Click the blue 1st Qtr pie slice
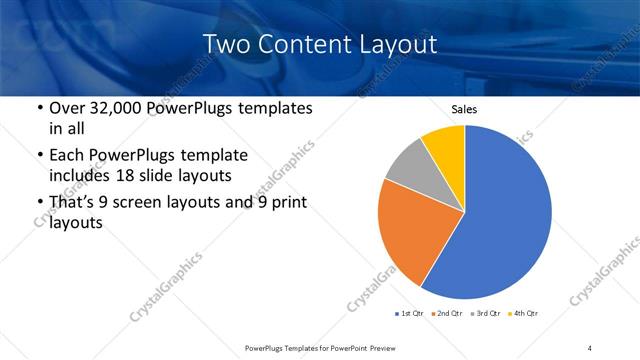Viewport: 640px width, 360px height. pyautogui.click(x=505, y=215)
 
